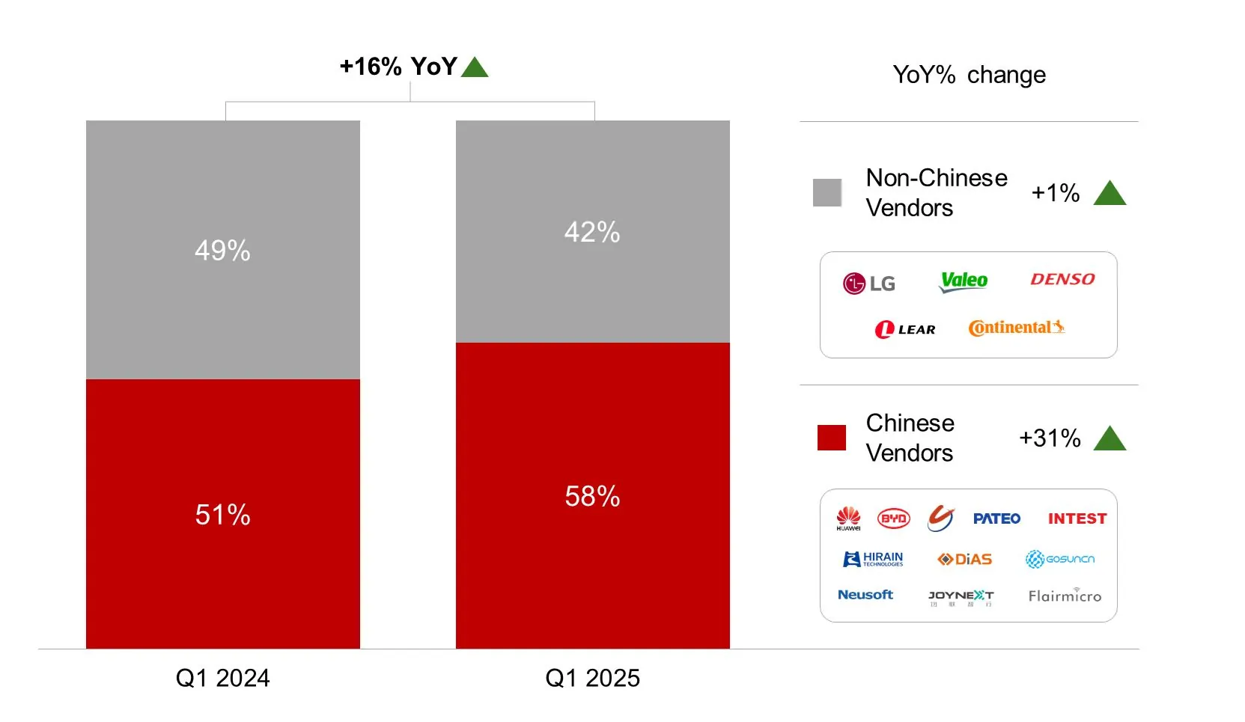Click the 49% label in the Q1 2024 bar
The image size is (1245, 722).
point(222,250)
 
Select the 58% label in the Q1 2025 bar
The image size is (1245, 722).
point(592,496)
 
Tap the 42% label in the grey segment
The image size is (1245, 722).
point(592,232)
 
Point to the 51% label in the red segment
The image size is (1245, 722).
point(222,515)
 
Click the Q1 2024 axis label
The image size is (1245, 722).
point(222,678)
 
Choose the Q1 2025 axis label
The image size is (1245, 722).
point(592,678)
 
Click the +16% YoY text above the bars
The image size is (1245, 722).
point(398,67)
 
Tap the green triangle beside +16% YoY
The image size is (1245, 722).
point(475,68)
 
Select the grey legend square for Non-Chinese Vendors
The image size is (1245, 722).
point(827,193)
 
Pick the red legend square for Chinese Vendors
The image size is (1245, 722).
point(831,438)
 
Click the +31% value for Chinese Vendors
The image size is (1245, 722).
point(1050,438)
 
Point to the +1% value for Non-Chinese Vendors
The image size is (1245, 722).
point(1055,193)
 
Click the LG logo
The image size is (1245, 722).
point(868,284)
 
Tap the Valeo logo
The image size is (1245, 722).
point(964,281)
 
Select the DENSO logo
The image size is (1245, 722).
point(1062,279)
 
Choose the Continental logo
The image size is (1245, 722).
point(1016,328)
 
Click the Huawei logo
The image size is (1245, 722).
point(848,518)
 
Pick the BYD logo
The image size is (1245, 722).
point(893,518)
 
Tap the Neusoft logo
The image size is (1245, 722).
point(865,595)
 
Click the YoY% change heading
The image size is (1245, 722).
point(969,75)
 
